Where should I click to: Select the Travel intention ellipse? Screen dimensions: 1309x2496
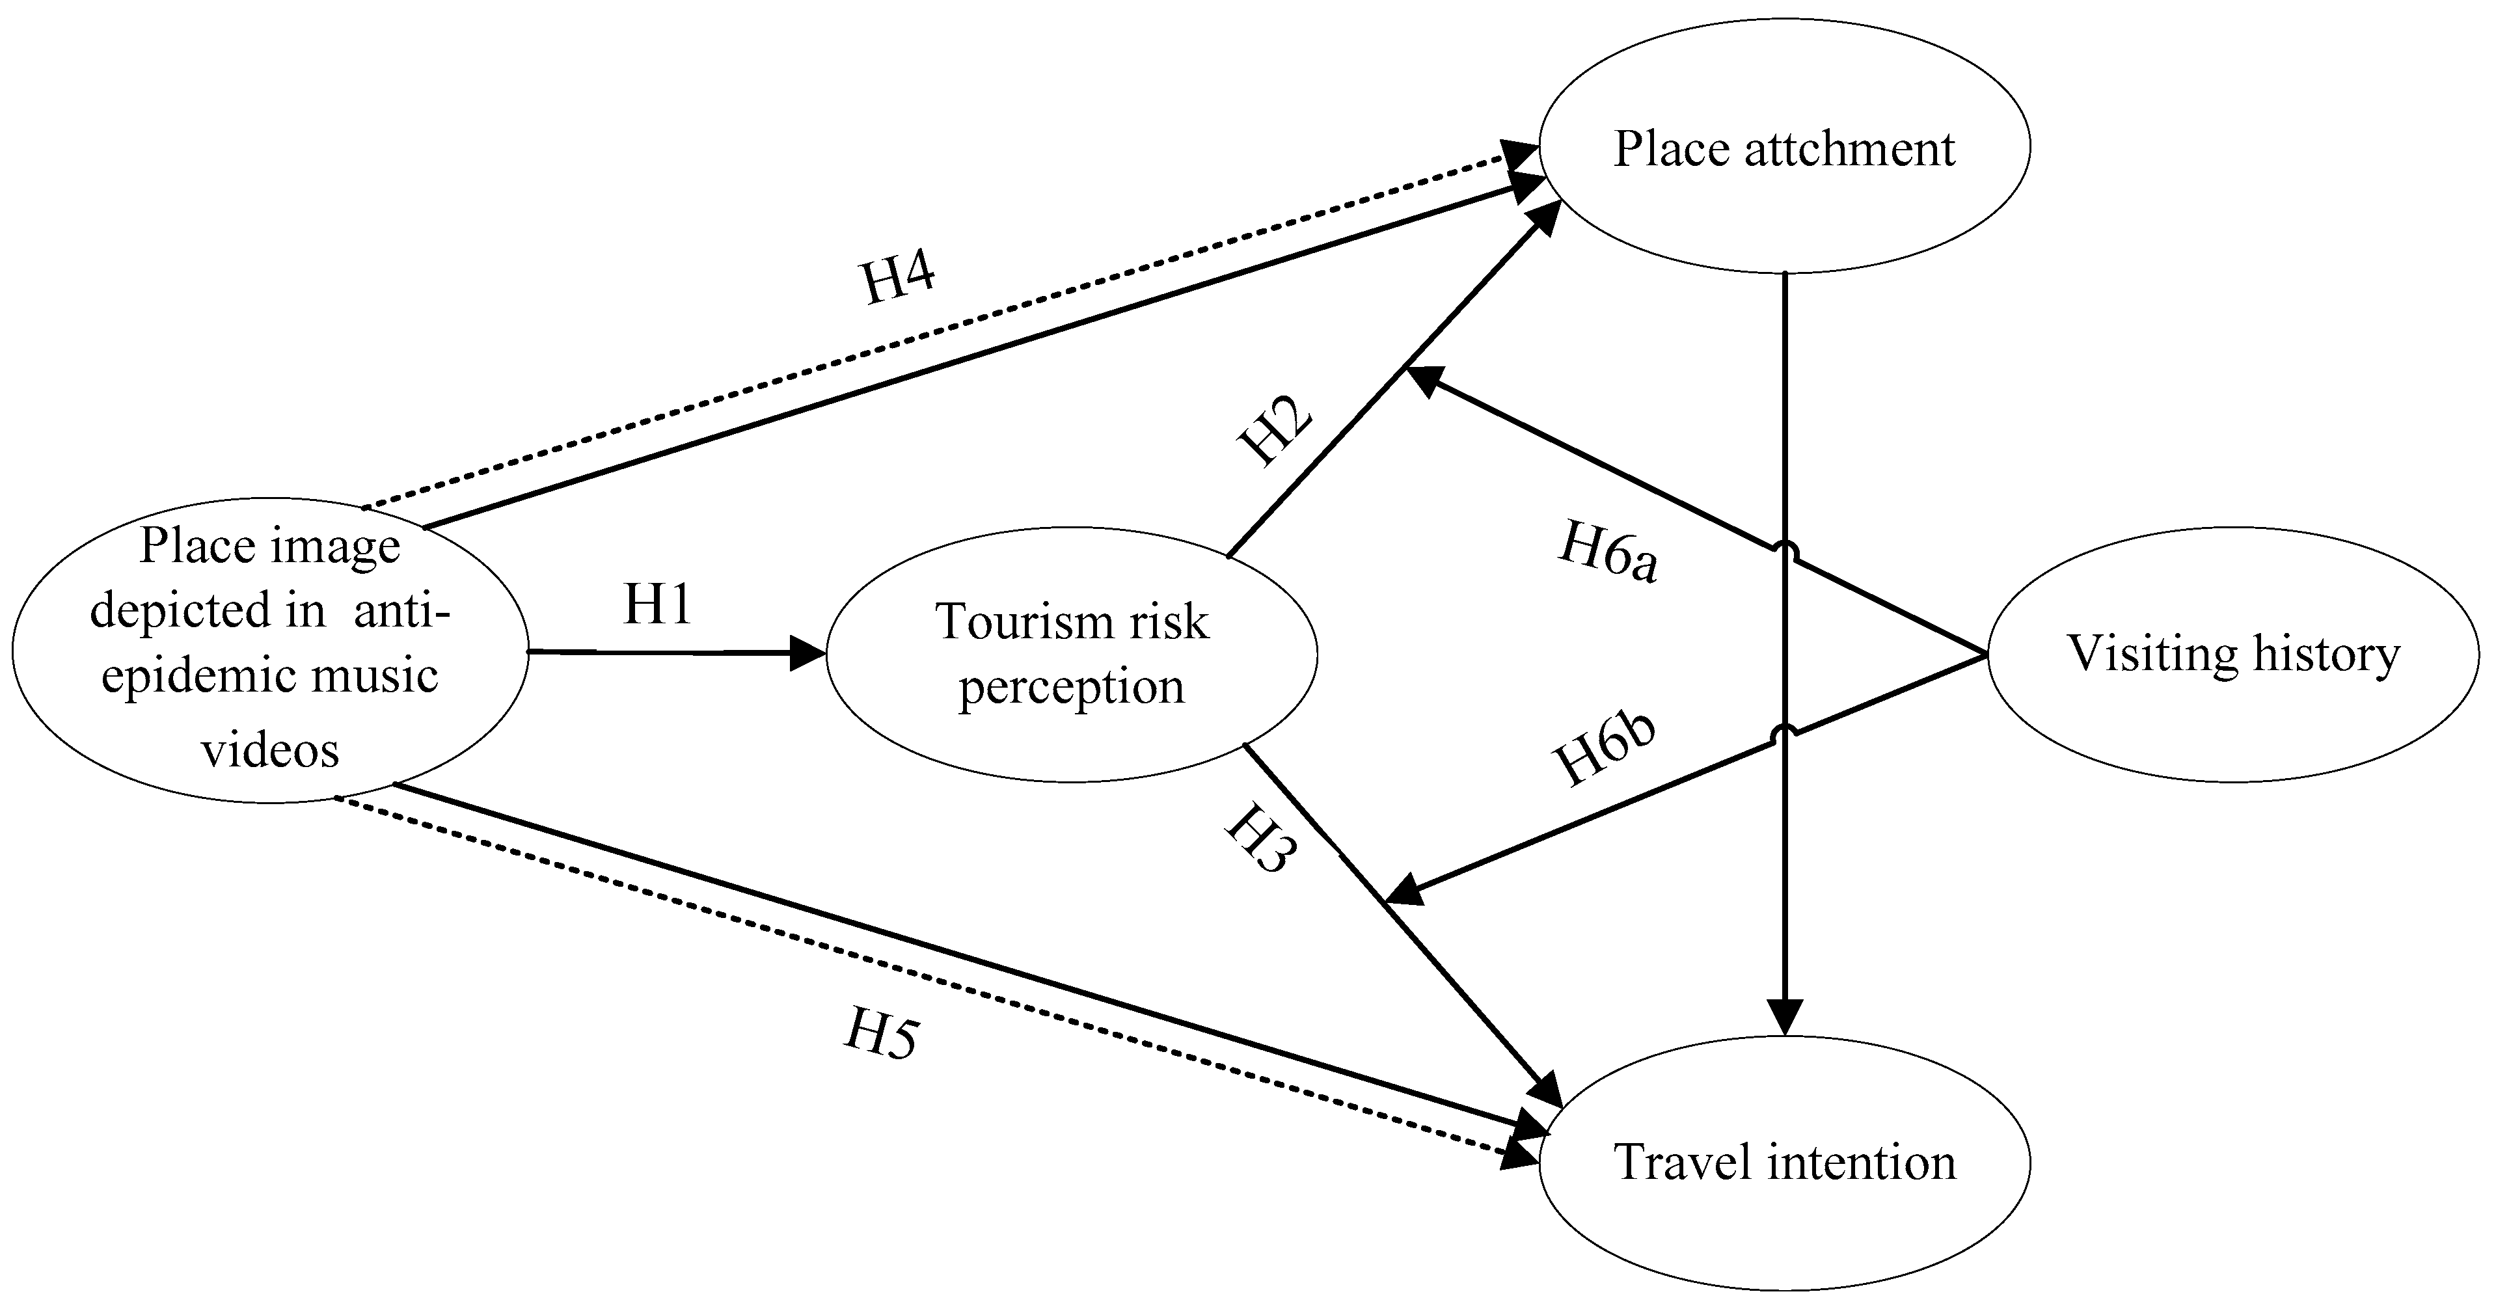pos(1784,1162)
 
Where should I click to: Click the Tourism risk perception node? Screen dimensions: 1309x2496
pos(1070,653)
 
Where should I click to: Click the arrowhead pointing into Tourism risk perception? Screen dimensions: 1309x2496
pos(808,653)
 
